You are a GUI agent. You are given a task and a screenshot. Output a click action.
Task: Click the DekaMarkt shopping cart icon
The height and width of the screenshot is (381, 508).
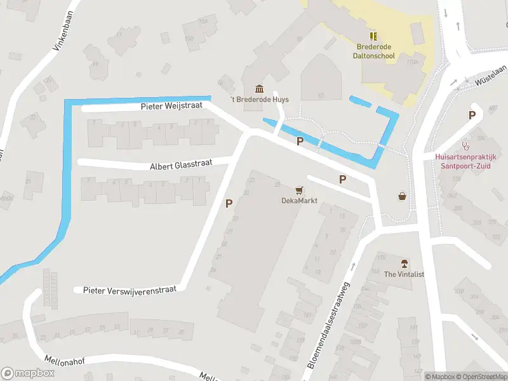(299, 189)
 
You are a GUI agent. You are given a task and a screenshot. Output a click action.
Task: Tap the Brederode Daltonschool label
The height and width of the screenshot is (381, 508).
(374, 51)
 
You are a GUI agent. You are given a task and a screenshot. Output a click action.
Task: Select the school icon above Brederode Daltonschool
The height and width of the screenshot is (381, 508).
(373, 36)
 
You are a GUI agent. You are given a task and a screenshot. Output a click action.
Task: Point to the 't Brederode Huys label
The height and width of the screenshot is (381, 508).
(259, 100)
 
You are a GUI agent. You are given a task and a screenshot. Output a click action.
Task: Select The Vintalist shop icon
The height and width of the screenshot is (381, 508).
(403, 263)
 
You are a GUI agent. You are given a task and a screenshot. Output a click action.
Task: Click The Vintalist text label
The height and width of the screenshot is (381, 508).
(404, 274)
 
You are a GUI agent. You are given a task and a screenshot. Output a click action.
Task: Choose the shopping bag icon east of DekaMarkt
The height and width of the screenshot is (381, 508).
(402, 196)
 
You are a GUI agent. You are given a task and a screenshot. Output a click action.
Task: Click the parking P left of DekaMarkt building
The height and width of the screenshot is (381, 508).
(229, 203)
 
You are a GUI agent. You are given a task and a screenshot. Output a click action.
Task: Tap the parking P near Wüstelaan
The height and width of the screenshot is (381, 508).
(472, 115)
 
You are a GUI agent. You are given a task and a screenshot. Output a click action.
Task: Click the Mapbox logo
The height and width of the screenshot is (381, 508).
(27, 373)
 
